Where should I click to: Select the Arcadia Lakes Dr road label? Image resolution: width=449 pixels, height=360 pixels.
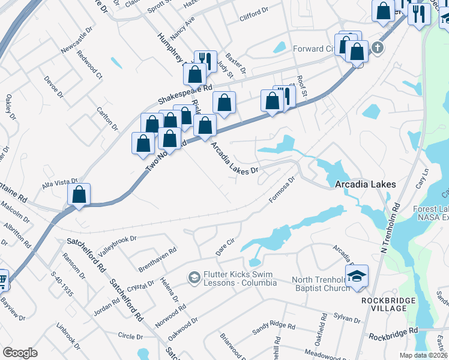(x=234, y=158)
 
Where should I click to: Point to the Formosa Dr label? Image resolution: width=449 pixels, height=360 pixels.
(x=283, y=189)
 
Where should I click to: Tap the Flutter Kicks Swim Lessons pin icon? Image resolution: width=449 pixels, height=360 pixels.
(x=194, y=277)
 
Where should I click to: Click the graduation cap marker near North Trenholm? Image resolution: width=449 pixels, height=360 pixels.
(x=357, y=277)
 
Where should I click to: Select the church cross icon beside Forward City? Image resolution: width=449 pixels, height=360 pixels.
(x=377, y=48)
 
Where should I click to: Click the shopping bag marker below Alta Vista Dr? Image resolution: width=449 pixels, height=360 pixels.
(x=79, y=194)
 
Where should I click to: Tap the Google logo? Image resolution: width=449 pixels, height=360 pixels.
(x=20, y=352)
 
